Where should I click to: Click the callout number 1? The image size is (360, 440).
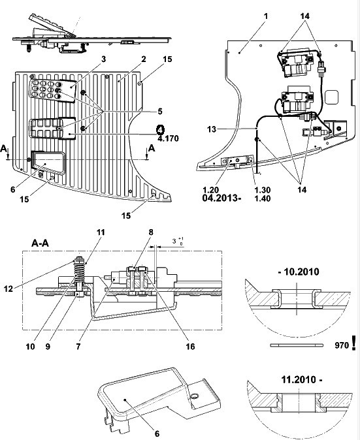point(266,16)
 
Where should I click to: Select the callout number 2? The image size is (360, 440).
point(144,59)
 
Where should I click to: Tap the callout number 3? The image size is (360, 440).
point(104,59)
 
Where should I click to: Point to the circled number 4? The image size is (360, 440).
point(160,130)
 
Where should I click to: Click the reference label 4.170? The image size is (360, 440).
point(168,138)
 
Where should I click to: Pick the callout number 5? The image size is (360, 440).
point(160,112)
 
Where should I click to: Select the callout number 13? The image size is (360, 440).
point(212,129)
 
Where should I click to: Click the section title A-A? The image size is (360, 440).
point(40,243)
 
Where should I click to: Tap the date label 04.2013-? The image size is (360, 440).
point(221,198)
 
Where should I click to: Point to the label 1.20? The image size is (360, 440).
point(210,190)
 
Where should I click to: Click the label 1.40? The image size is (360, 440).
point(262,198)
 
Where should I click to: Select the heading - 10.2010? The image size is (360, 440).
point(299,272)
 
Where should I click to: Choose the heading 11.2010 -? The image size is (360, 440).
point(302,380)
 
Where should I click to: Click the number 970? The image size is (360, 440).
point(342,345)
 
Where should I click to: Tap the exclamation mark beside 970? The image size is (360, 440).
point(353,343)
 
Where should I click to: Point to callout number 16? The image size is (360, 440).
point(190,347)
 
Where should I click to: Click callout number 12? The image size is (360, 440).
point(8,289)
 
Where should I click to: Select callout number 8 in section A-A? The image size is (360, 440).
point(151,232)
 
